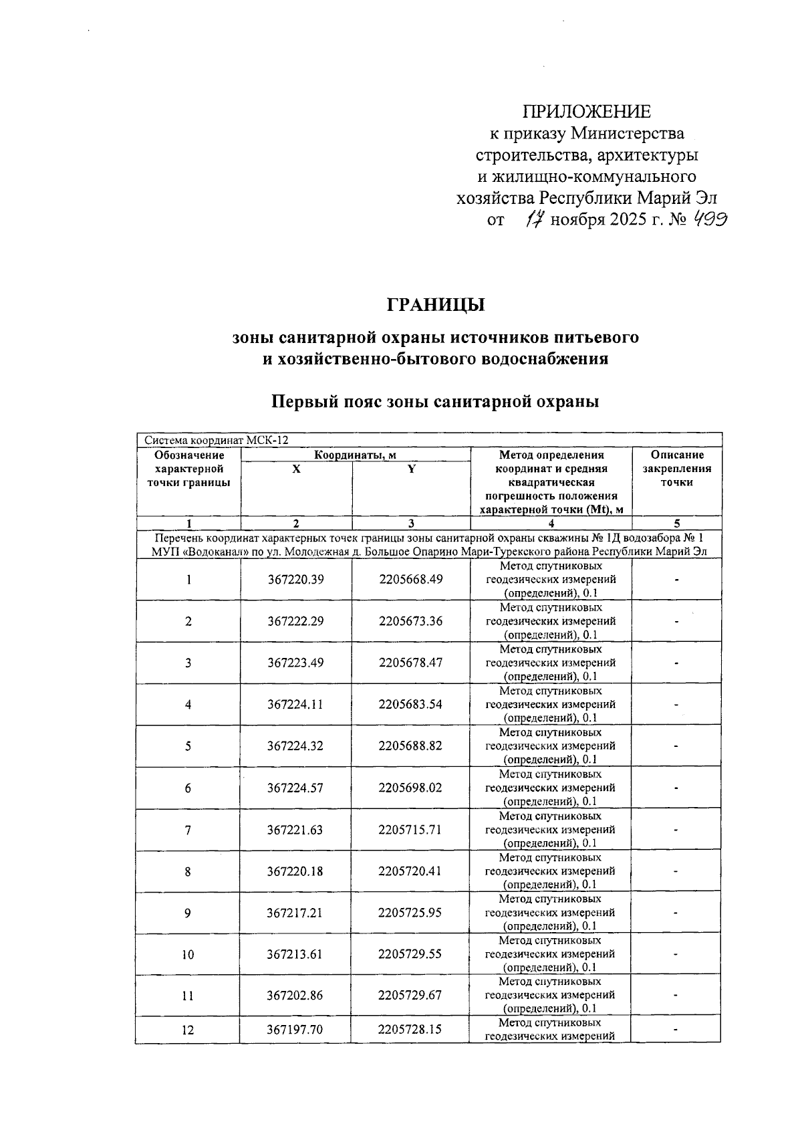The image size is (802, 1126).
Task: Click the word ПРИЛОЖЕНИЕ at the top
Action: click(x=587, y=111)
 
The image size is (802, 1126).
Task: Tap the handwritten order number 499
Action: click(x=709, y=219)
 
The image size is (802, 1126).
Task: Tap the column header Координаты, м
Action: click(x=356, y=455)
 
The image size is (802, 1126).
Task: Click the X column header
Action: click(x=296, y=469)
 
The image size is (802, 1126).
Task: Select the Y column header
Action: click(x=412, y=469)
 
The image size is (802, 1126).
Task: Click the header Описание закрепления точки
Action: click(x=676, y=469)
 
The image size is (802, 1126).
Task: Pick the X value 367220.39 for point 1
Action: click(x=295, y=580)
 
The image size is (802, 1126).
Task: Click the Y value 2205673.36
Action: click(x=410, y=621)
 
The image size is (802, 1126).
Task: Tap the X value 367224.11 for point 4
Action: click(x=295, y=704)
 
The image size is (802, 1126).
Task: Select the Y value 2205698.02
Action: click(x=410, y=788)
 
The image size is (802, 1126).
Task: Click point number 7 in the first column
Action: click(x=188, y=830)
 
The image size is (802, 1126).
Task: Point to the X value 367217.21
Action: click(x=295, y=913)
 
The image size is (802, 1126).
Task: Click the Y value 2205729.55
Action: click(x=410, y=954)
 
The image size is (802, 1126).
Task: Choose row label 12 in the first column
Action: click(x=188, y=1030)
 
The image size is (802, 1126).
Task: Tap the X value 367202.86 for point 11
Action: click(x=295, y=995)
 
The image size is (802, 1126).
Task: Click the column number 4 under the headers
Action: click(x=551, y=524)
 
